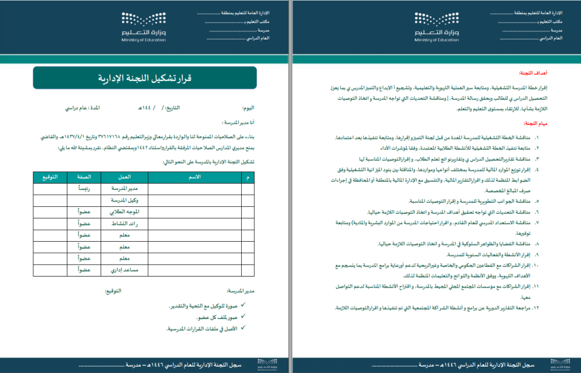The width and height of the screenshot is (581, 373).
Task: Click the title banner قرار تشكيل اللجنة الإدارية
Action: (x=145, y=78)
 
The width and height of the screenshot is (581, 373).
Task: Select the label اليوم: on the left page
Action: (x=248, y=109)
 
